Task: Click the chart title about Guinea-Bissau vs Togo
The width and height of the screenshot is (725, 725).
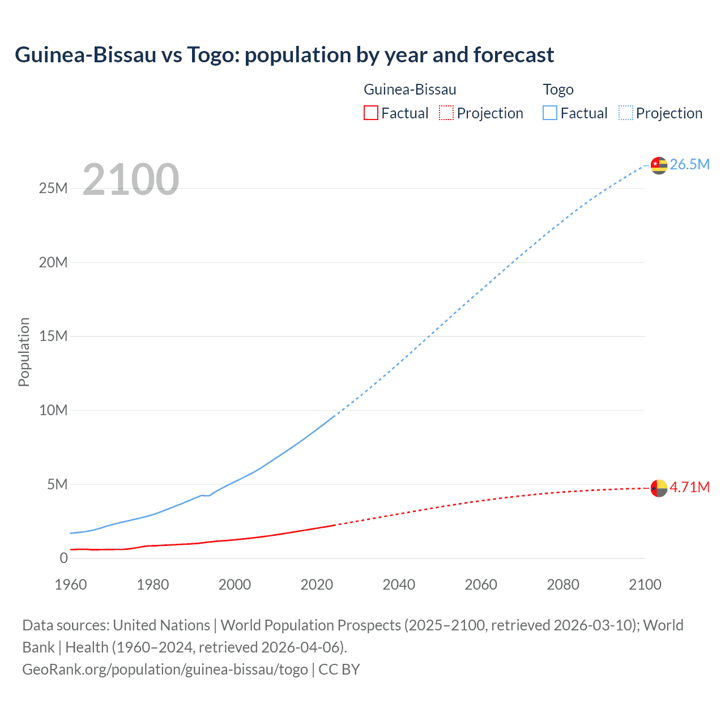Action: (x=284, y=55)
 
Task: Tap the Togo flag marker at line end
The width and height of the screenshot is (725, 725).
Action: (x=659, y=165)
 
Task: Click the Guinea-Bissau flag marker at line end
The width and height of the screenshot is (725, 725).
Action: (x=659, y=488)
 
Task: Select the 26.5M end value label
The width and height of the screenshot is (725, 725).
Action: (x=689, y=164)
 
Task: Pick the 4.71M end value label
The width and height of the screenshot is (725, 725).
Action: (x=689, y=487)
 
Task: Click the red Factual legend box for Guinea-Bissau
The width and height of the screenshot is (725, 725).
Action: (x=370, y=113)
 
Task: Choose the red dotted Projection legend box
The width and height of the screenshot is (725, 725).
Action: (x=446, y=113)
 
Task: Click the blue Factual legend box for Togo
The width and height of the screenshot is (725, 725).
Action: (x=549, y=113)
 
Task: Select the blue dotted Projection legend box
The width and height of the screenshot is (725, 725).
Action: (x=626, y=113)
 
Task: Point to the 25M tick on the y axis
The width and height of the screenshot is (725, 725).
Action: (x=53, y=188)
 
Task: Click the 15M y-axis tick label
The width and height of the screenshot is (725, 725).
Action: (x=53, y=336)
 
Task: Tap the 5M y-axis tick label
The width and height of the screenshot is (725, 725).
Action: (x=57, y=484)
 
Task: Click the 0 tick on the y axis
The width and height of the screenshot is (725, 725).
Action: (x=63, y=558)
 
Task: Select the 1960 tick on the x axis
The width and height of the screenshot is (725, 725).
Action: (x=71, y=585)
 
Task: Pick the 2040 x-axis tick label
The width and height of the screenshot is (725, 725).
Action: (x=399, y=585)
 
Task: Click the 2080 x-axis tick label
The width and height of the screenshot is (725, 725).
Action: (x=563, y=585)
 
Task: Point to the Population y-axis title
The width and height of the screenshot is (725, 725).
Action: (x=24, y=352)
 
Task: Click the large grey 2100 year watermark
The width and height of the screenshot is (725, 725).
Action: (x=131, y=180)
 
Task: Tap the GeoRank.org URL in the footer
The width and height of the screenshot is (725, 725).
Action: (x=165, y=669)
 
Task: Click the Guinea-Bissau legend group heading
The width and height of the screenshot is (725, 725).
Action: (x=410, y=89)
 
